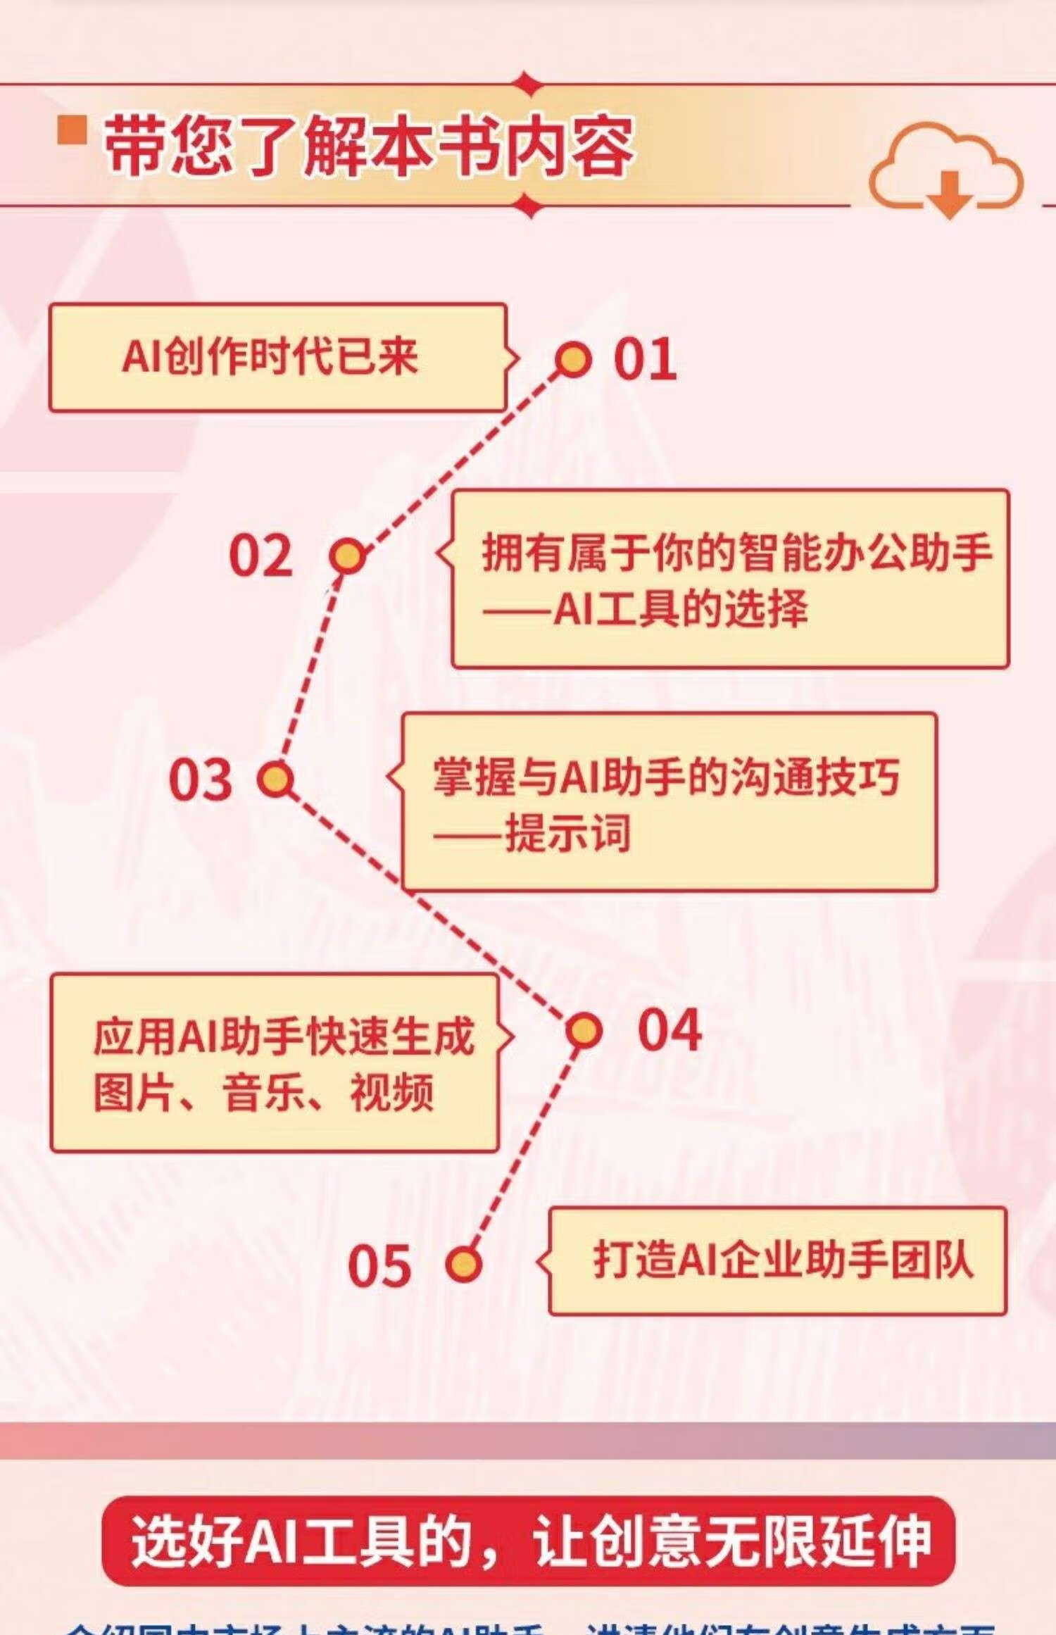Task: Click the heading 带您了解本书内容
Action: pos(368,146)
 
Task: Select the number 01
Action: pos(645,359)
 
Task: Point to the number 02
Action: pos(260,556)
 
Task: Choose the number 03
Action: pos(201,779)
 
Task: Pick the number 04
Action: pos(669,1030)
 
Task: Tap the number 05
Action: pos(379,1265)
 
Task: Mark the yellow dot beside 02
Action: pos(347,556)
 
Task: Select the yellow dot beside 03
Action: pos(275,779)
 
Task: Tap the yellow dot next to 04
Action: pos(584,1031)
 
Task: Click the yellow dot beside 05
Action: pos(464,1264)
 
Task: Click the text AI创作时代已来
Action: pos(270,356)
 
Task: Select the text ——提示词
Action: pos(532,834)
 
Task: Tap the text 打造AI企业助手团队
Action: pos(783,1260)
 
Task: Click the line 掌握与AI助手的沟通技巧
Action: pos(666,777)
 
